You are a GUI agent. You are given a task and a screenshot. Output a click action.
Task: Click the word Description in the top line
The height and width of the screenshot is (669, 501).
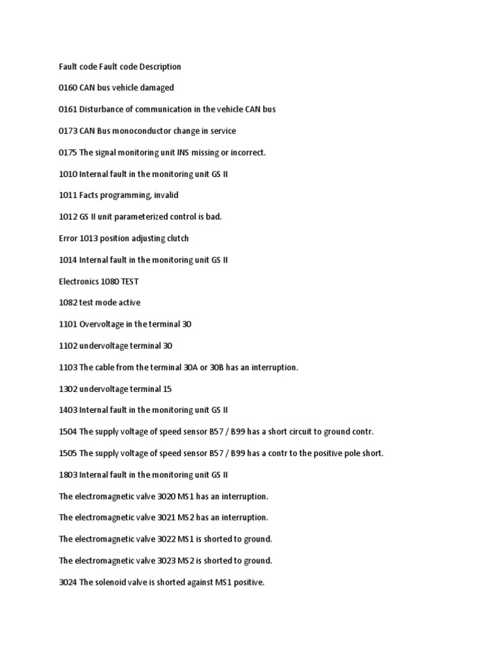pyautogui.click(x=159, y=67)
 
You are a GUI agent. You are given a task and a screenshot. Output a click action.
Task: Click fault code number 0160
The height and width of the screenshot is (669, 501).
pyautogui.click(x=68, y=88)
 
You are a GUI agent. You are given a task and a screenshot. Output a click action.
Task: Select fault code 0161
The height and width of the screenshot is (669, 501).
pyautogui.click(x=68, y=110)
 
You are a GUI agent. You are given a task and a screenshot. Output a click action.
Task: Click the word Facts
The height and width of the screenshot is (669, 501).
pyautogui.click(x=90, y=195)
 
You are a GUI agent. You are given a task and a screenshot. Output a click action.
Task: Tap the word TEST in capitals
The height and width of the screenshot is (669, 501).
pyautogui.click(x=130, y=282)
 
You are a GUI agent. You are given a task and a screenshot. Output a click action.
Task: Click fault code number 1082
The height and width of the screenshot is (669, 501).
pyautogui.click(x=68, y=302)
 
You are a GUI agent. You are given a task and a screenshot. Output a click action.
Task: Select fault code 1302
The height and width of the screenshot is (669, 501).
pyautogui.click(x=68, y=389)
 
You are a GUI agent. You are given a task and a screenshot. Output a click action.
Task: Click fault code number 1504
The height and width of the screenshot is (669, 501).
pyautogui.click(x=68, y=432)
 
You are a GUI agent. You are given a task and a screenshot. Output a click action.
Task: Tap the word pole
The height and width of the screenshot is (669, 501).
pyautogui.click(x=354, y=453)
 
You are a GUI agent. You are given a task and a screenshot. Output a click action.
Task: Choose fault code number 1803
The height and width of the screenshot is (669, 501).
pyautogui.click(x=68, y=475)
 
